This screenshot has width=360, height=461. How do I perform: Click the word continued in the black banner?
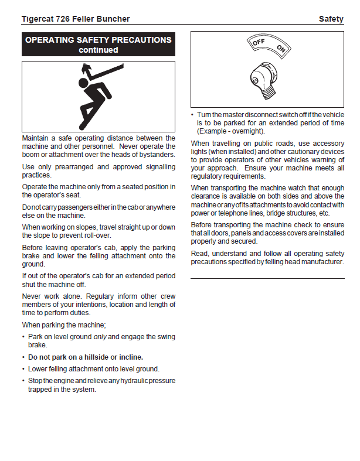click(99, 50)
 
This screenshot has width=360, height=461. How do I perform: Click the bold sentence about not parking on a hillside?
click(86, 357)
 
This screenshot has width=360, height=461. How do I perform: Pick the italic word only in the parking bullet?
click(100, 337)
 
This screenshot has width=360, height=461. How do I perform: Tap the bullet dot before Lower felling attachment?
click(23, 369)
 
